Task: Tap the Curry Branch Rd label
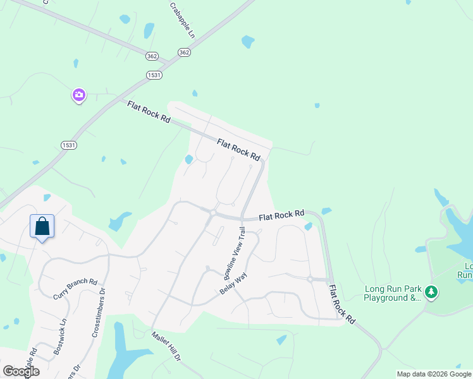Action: point(75,289)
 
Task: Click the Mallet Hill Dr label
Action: point(166,347)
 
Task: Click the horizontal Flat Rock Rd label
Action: point(281,215)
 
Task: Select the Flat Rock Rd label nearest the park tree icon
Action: point(341,304)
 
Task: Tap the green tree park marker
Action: point(431,292)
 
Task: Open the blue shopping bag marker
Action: point(42,226)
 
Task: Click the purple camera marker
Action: point(78,95)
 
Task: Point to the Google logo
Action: point(21,371)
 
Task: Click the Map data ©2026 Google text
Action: point(434,374)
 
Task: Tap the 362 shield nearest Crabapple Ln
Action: point(184,52)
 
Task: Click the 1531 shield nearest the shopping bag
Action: point(69,145)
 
